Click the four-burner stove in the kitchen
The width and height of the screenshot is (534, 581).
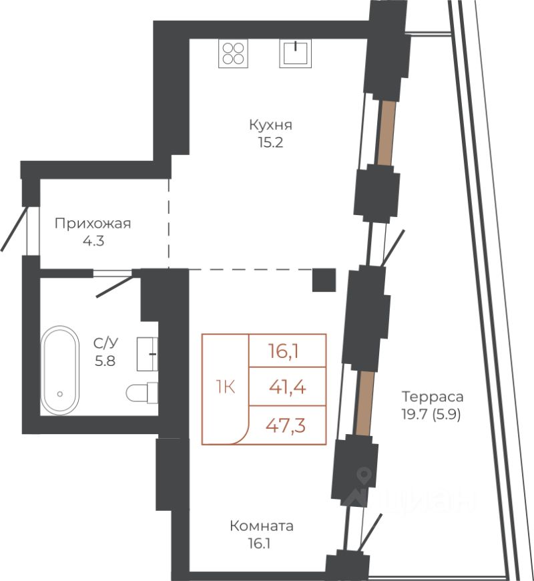233,53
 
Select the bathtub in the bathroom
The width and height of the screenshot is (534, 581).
61,371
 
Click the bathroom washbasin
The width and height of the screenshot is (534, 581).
147,353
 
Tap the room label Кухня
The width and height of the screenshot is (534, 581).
271,125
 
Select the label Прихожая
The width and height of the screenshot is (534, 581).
93,224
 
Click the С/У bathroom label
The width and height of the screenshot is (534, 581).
104,343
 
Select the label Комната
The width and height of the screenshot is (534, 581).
261,526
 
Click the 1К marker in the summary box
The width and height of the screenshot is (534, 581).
225,387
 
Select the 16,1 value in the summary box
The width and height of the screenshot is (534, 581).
288,350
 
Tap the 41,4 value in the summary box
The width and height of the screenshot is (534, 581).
288,387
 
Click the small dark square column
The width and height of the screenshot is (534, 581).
324,279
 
